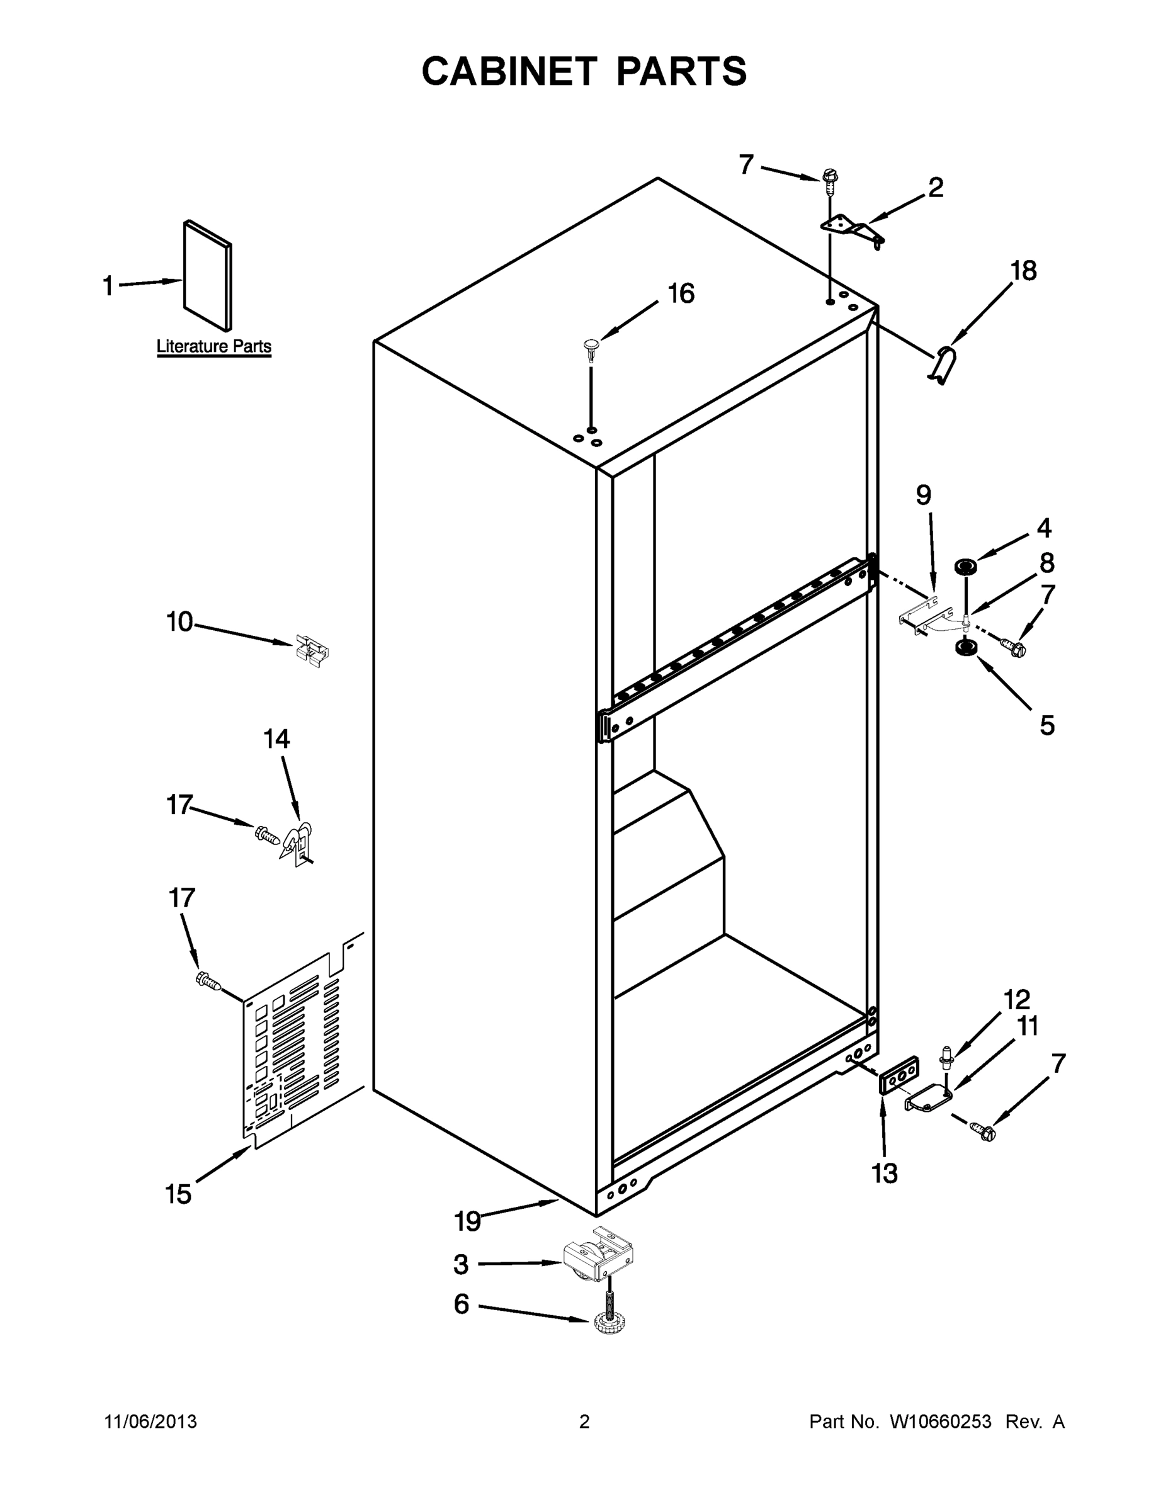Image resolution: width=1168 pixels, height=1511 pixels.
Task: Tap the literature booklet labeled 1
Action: pyautogui.click(x=207, y=275)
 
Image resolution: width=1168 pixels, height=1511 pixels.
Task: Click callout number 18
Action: pyautogui.click(x=1023, y=271)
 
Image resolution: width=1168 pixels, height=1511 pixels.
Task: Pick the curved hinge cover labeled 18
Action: pyautogui.click(x=943, y=365)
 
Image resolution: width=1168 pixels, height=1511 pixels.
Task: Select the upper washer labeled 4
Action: pyautogui.click(x=965, y=567)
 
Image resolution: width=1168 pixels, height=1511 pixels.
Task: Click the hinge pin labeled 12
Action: pyautogui.click(x=946, y=1058)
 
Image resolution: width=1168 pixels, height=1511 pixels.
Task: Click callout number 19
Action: pyautogui.click(x=467, y=1222)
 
